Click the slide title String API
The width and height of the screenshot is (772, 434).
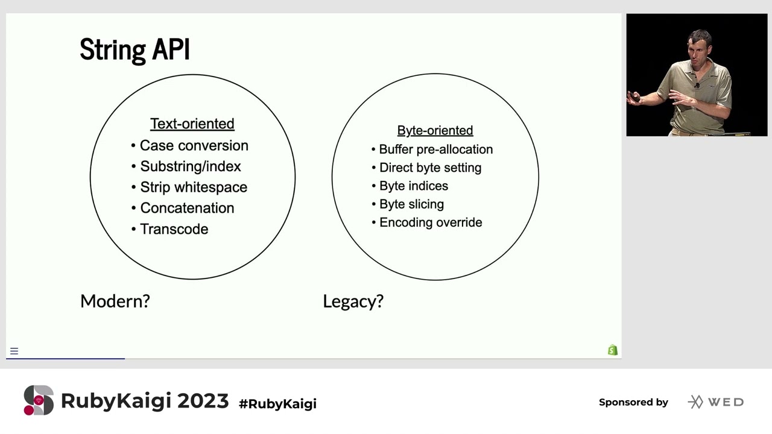pyautogui.click(x=134, y=49)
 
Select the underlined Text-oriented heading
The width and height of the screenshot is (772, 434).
pyautogui.click(x=192, y=124)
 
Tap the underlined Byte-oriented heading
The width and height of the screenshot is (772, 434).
pyautogui.click(x=435, y=131)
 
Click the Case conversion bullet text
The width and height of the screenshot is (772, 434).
pyautogui.click(x=194, y=146)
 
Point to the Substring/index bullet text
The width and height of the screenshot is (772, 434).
pyautogui.click(x=191, y=166)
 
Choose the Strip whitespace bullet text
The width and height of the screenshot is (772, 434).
pyautogui.click(x=194, y=187)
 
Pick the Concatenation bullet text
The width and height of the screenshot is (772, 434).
pyautogui.click(x=187, y=208)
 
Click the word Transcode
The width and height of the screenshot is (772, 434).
pyautogui.click(x=174, y=229)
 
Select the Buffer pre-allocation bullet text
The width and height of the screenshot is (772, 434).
pyautogui.click(x=436, y=149)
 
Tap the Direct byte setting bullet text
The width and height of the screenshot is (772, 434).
pyautogui.click(x=431, y=168)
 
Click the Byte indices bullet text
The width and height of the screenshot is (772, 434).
pyautogui.click(x=414, y=186)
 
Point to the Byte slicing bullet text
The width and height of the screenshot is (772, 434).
pyautogui.click(x=411, y=204)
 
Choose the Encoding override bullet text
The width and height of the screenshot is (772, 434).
pyautogui.click(x=431, y=222)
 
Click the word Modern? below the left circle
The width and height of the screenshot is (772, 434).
pyautogui.click(x=115, y=301)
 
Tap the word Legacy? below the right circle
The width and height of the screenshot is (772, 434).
pyautogui.click(x=353, y=301)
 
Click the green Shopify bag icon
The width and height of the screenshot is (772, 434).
pyautogui.click(x=612, y=350)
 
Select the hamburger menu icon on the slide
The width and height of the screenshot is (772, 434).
pyautogui.click(x=14, y=351)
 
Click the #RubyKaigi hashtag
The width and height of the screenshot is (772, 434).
pyautogui.click(x=278, y=404)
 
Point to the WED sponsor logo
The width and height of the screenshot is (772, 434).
pyautogui.click(x=716, y=402)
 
